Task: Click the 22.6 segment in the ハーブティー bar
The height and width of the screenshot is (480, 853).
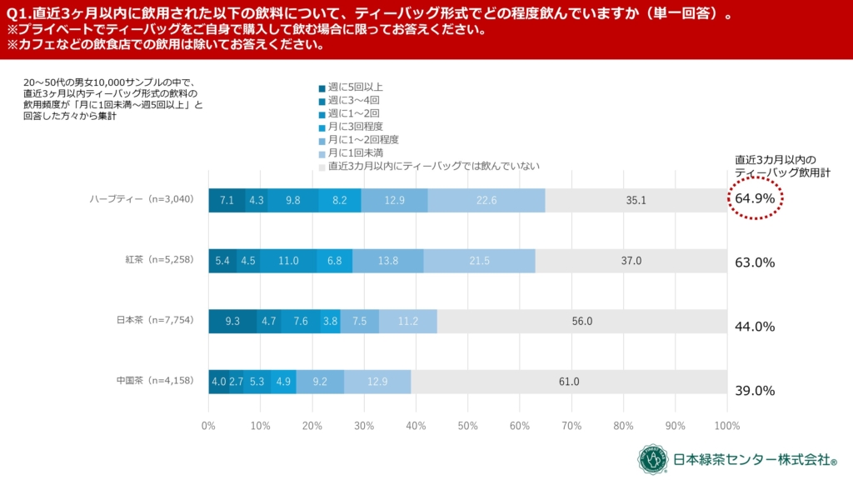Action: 486,200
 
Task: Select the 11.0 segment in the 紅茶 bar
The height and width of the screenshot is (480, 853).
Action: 288,261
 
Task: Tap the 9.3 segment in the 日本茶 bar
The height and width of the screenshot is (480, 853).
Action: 232,322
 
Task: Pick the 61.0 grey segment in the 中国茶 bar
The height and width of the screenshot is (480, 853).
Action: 569,382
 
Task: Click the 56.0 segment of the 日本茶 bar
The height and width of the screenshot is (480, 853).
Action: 581,322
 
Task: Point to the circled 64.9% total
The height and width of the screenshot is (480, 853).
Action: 756,199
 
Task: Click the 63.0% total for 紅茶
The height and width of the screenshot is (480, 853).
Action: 756,262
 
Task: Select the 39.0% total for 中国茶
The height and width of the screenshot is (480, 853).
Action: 756,391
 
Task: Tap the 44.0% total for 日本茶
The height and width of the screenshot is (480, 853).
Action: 756,327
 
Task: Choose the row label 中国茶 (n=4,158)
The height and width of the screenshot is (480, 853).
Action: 155,381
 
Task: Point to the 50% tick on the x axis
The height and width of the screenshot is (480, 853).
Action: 467,427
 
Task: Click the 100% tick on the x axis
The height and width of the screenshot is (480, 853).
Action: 726,427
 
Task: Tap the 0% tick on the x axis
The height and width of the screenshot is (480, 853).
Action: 208,427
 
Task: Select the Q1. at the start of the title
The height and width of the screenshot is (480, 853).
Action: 19,13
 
